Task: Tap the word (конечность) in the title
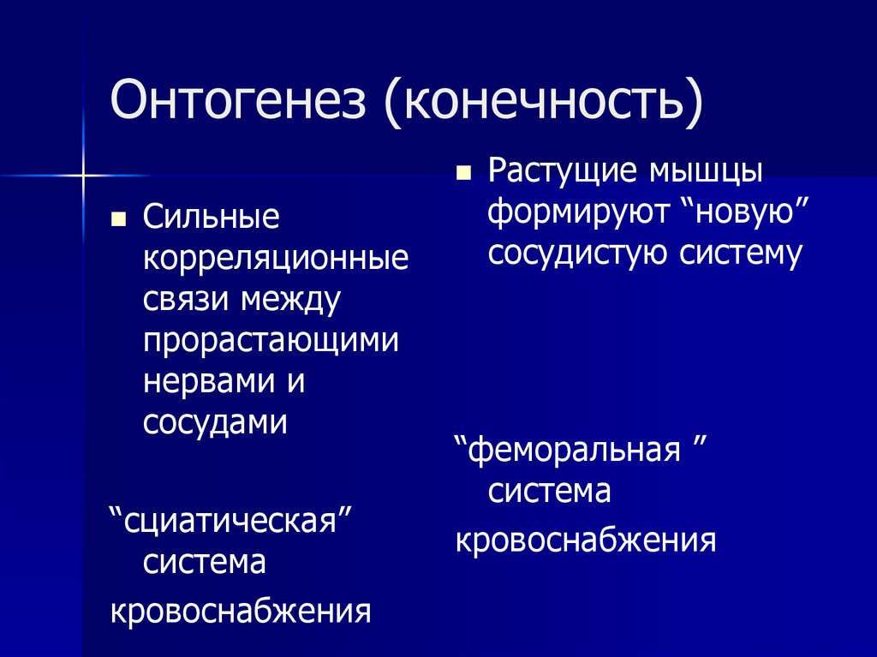pyautogui.click(x=545, y=101)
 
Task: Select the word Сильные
pyautogui.click(x=211, y=218)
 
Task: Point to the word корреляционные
pyautogui.click(x=276, y=259)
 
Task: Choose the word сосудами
pyautogui.click(x=215, y=423)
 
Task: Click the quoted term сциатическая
pyautogui.click(x=232, y=522)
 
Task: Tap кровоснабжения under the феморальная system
pyautogui.click(x=585, y=541)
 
